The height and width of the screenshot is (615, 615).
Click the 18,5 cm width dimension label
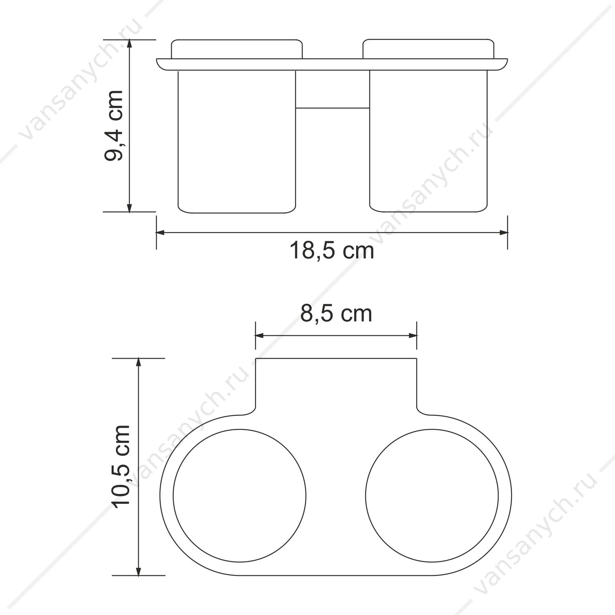coord(332,250)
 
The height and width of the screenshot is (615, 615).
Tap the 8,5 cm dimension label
coord(336,314)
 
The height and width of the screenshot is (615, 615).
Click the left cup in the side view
coord(237,141)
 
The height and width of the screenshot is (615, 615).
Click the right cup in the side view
coord(429,141)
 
